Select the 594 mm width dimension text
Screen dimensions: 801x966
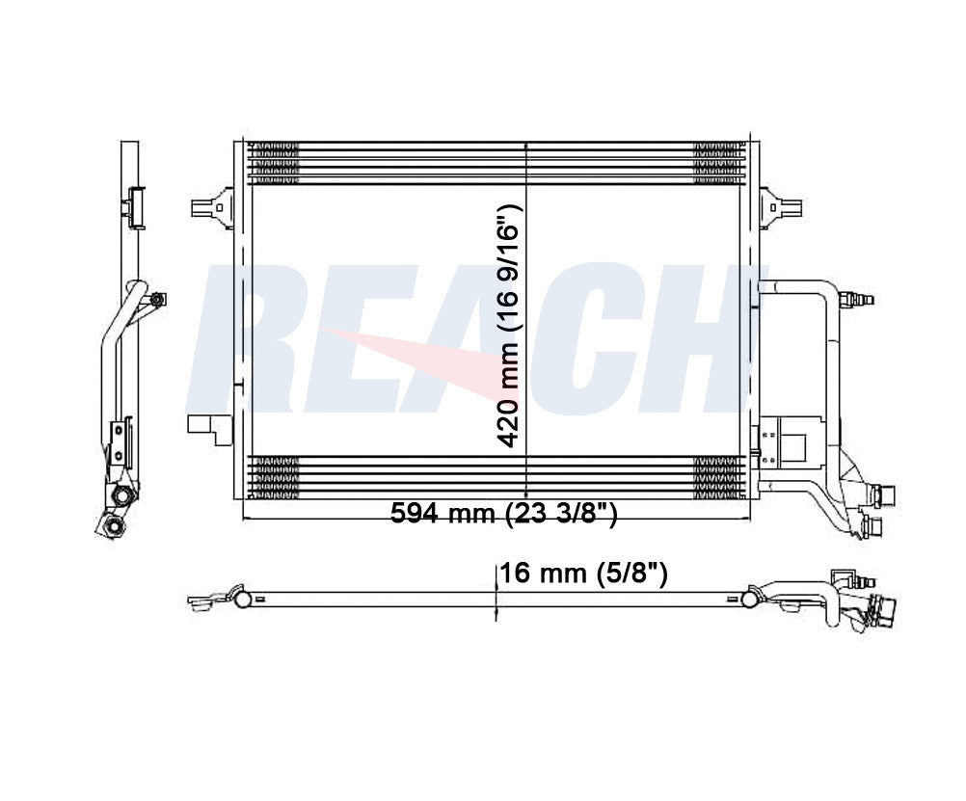pyautogui.click(x=502, y=514)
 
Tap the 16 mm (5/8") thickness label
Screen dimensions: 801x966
pyautogui.click(x=583, y=574)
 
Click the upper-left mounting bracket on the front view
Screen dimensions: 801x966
pyautogui.click(x=212, y=206)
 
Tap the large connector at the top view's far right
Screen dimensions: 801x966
pyautogui.click(x=883, y=611)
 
